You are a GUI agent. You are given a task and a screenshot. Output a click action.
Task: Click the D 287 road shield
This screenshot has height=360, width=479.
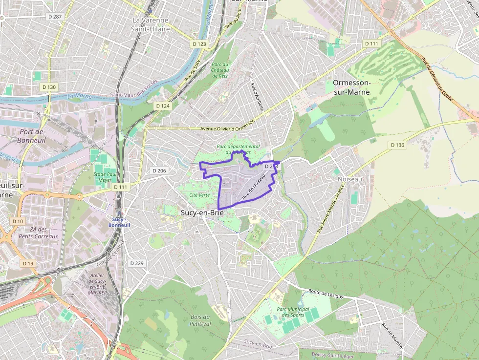click(55, 17)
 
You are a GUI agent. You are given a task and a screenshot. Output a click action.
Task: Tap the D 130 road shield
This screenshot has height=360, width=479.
click(49, 87)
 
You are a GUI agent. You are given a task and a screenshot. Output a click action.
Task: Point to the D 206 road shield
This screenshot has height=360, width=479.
click(159, 171)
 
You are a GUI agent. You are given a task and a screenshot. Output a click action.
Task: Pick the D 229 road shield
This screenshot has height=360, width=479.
click(137, 263)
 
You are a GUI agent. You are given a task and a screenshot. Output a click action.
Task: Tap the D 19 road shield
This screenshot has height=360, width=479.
click(28, 263)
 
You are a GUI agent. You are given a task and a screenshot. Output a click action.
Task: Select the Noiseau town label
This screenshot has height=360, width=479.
click(350, 180)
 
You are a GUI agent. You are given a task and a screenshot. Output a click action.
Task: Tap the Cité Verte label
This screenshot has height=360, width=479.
click(199, 195)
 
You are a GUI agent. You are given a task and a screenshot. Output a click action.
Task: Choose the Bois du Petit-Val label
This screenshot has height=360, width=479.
click(200, 320)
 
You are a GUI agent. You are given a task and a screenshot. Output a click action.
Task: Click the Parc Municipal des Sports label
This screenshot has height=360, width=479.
click(293, 312)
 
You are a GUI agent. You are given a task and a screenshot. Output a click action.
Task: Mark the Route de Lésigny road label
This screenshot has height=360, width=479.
click(326, 294)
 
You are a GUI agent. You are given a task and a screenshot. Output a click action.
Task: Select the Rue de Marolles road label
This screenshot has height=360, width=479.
click(392, 337)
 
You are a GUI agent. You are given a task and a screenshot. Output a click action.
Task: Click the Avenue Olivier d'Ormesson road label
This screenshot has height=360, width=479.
click(228, 128)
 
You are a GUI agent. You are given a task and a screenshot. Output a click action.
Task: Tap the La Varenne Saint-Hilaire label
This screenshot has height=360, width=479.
click(151, 24)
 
